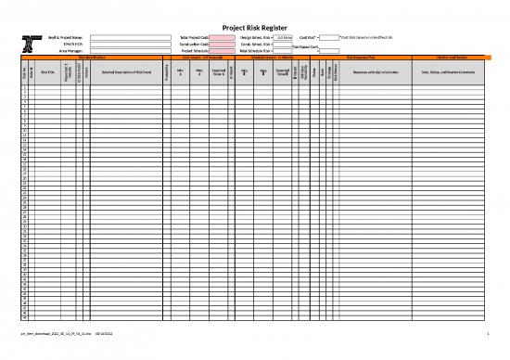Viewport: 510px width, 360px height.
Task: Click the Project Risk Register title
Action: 255,27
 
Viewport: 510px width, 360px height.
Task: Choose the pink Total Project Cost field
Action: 222,36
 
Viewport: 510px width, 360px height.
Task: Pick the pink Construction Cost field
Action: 222,44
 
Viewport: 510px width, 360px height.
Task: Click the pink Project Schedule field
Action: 222,50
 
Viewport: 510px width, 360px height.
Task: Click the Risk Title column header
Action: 46,71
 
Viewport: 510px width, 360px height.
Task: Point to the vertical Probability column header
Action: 164,71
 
